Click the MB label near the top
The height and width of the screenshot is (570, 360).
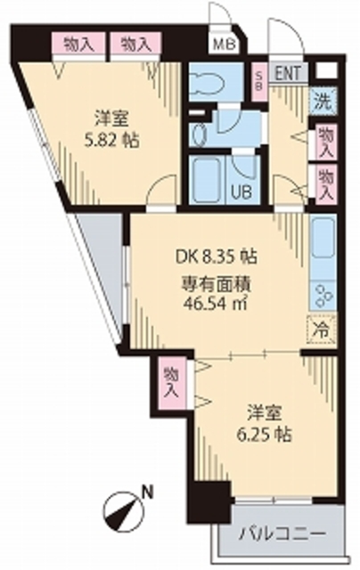pos(220,42)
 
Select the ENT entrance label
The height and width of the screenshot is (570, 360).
pos(287,73)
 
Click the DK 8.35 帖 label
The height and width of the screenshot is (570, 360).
pos(215,256)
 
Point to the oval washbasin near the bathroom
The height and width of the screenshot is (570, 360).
pos(198,134)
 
